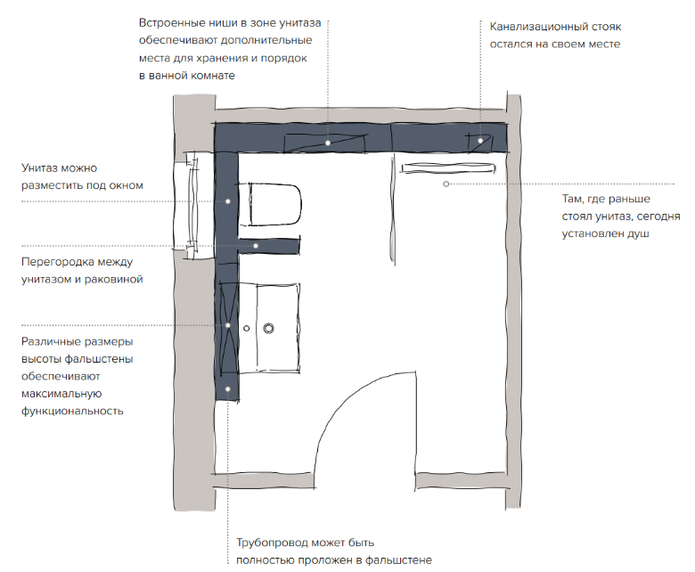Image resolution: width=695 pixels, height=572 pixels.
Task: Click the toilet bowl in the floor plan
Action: click(274, 204)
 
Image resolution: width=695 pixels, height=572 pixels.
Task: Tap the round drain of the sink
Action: click(268, 328)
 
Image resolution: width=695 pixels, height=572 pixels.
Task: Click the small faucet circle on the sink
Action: click(247, 328)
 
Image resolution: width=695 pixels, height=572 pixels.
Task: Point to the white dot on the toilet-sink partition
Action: click(256, 245)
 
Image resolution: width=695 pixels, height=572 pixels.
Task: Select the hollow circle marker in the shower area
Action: click(446, 184)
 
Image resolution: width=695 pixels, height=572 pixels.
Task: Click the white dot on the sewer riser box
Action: click(480, 141)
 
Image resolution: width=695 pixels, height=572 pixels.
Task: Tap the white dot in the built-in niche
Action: click(328, 143)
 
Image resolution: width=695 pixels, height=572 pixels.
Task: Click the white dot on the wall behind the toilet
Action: click(228, 201)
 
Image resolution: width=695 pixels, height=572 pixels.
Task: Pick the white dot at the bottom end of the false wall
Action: click(228, 389)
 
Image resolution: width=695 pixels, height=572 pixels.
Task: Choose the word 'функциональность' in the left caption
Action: click(72, 411)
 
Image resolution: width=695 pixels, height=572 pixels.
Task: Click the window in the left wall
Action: click(192, 205)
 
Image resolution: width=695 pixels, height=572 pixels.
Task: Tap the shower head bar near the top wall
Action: click(448, 168)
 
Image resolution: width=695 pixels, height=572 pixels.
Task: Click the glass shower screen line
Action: click(393, 210)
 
